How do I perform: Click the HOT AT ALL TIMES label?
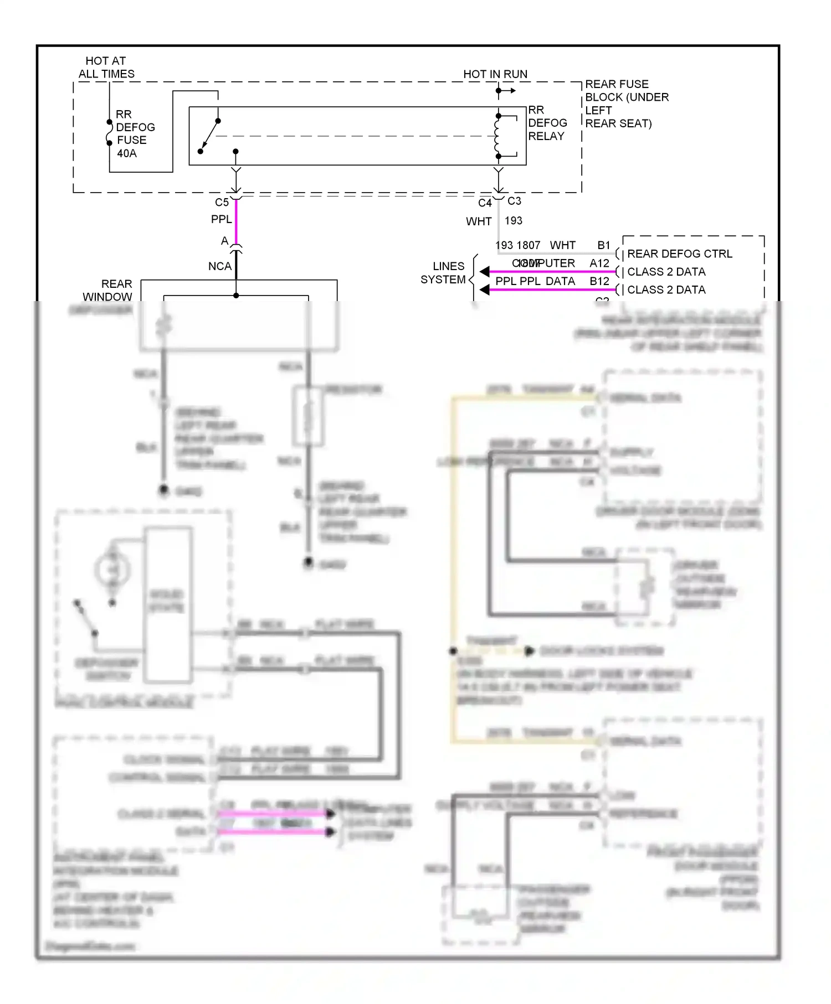pyautogui.click(x=106, y=68)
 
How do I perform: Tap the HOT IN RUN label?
pyautogui.click(x=495, y=74)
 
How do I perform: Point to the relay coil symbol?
pyautogui.click(x=497, y=136)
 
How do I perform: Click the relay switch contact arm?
pyautogui.click(x=209, y=136)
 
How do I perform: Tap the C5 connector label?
pyautogui.click(x=222, y=203)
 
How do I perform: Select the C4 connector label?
pyautogui.click(x=485, y=203)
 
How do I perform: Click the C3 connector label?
pyautogui.click(x=514, y=201)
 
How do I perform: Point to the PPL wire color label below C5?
pyautogui.click(x=221, y=220)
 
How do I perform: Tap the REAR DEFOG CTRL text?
pyautogui.click(x=679, y=254)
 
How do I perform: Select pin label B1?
pyautogui.click(x=603, y=245)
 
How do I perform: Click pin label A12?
pyautogui.click(x=599, y=263)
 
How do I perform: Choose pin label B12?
pyautogui.click(x=599, y=281)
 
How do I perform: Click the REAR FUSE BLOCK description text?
pyautogui.click(x=626, y=104)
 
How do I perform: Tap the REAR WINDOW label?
pyautogui.click(x=109, y=290)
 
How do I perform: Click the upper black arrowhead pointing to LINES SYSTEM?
pyautogui.click(x=485, y=272)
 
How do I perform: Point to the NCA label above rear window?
pyautogui.click(x=219, y=266)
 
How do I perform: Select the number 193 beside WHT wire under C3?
pyautogui.click(x=514, y=221)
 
